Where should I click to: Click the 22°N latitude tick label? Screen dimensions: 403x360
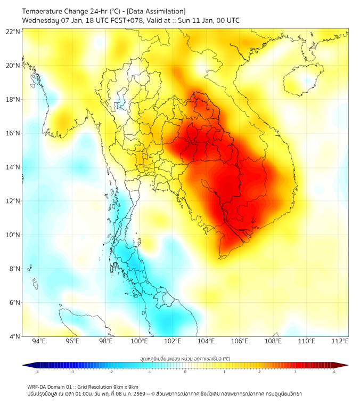[x=13, y=31]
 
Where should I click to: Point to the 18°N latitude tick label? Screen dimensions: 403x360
[x=13, y=100]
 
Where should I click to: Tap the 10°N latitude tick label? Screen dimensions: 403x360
[x=13, y=235]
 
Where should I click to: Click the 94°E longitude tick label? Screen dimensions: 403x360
[x=39, y=342]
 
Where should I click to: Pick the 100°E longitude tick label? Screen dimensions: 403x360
[x=140, y=342]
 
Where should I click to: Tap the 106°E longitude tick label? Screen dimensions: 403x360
[x=240, y=342]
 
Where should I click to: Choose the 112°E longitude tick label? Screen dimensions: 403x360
[x=340, y=342]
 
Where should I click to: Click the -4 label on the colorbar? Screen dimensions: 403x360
[x=37, y=371]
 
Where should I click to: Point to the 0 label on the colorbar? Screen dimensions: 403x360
[x=185, y=371]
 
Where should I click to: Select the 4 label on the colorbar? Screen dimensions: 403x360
[x=334, y=371]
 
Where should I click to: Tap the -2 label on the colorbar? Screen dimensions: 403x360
[x=111, y=371]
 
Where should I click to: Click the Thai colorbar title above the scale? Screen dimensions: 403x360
[x=185, y=358]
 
